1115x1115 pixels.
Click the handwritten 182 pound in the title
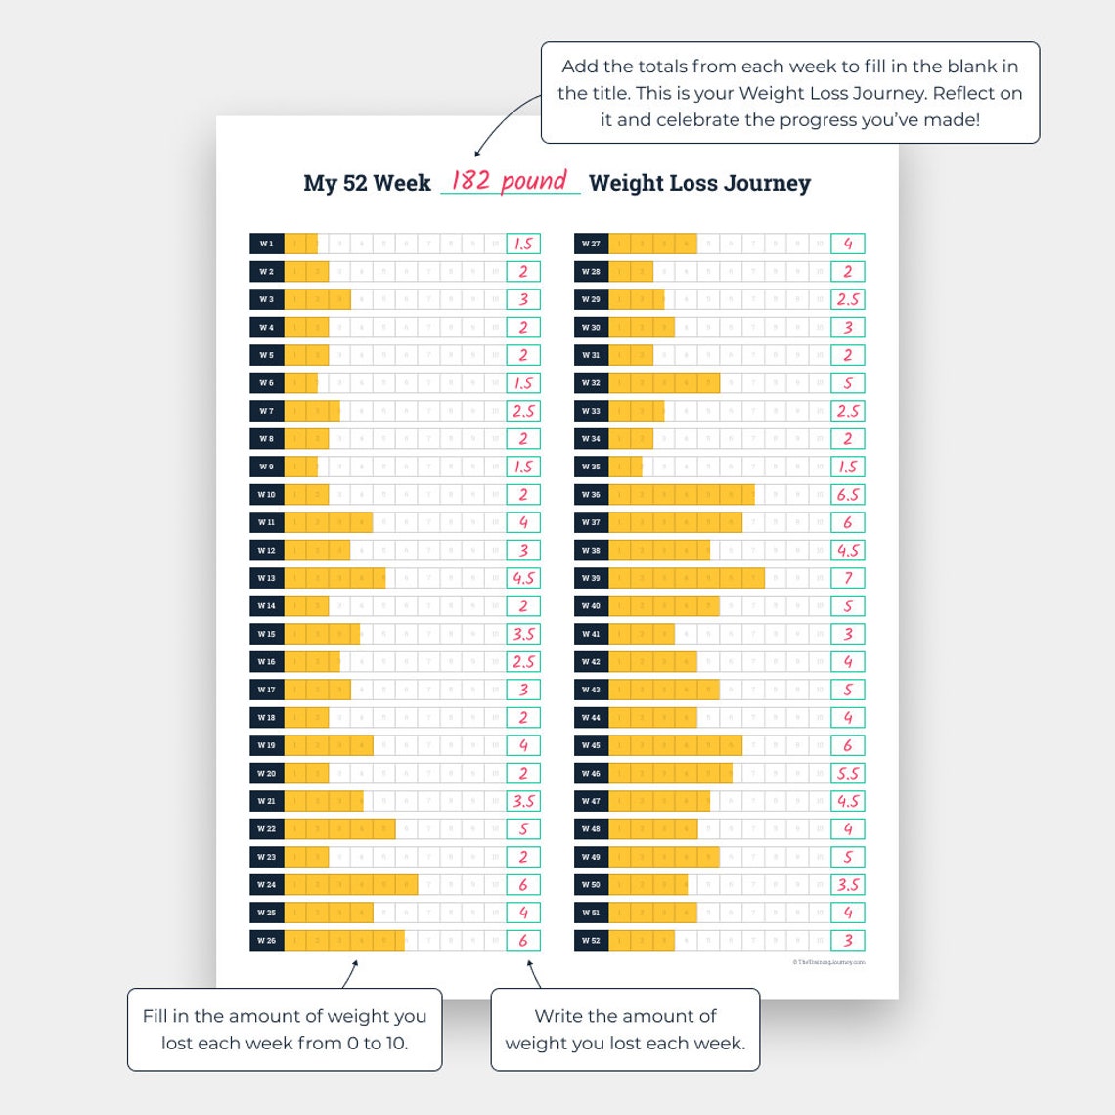click(x=509, y=181)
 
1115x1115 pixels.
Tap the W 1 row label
click(x=267, y=244)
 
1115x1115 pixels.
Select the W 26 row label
click(x=267, y=941)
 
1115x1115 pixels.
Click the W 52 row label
click(x=591, y=941)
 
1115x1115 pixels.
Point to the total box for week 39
click(x=848, y=578)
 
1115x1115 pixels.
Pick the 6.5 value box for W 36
click(x=848, y=495)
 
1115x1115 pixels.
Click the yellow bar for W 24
click(x=351, y=885)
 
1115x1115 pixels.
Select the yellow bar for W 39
click(x=687, y=578)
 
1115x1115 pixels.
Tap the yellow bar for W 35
click(x=626, y=467)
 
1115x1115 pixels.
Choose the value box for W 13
click(x=523, y=578)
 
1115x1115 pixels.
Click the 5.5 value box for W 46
click(x=848, y=774)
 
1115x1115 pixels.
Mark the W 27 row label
click(x=591, y=244)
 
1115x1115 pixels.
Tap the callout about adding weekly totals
click(x=790, y=93)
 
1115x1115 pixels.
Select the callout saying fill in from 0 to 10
click(x=285, y=1029)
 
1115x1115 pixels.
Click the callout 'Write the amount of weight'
click(x=625, y=1029)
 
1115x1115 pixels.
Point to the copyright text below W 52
click(x=828, y=962)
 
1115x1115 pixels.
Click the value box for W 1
click(x=523, y=244)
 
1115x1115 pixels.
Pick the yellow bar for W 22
click(x=340, y=829)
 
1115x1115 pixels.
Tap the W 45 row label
click(x=591, y=745)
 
